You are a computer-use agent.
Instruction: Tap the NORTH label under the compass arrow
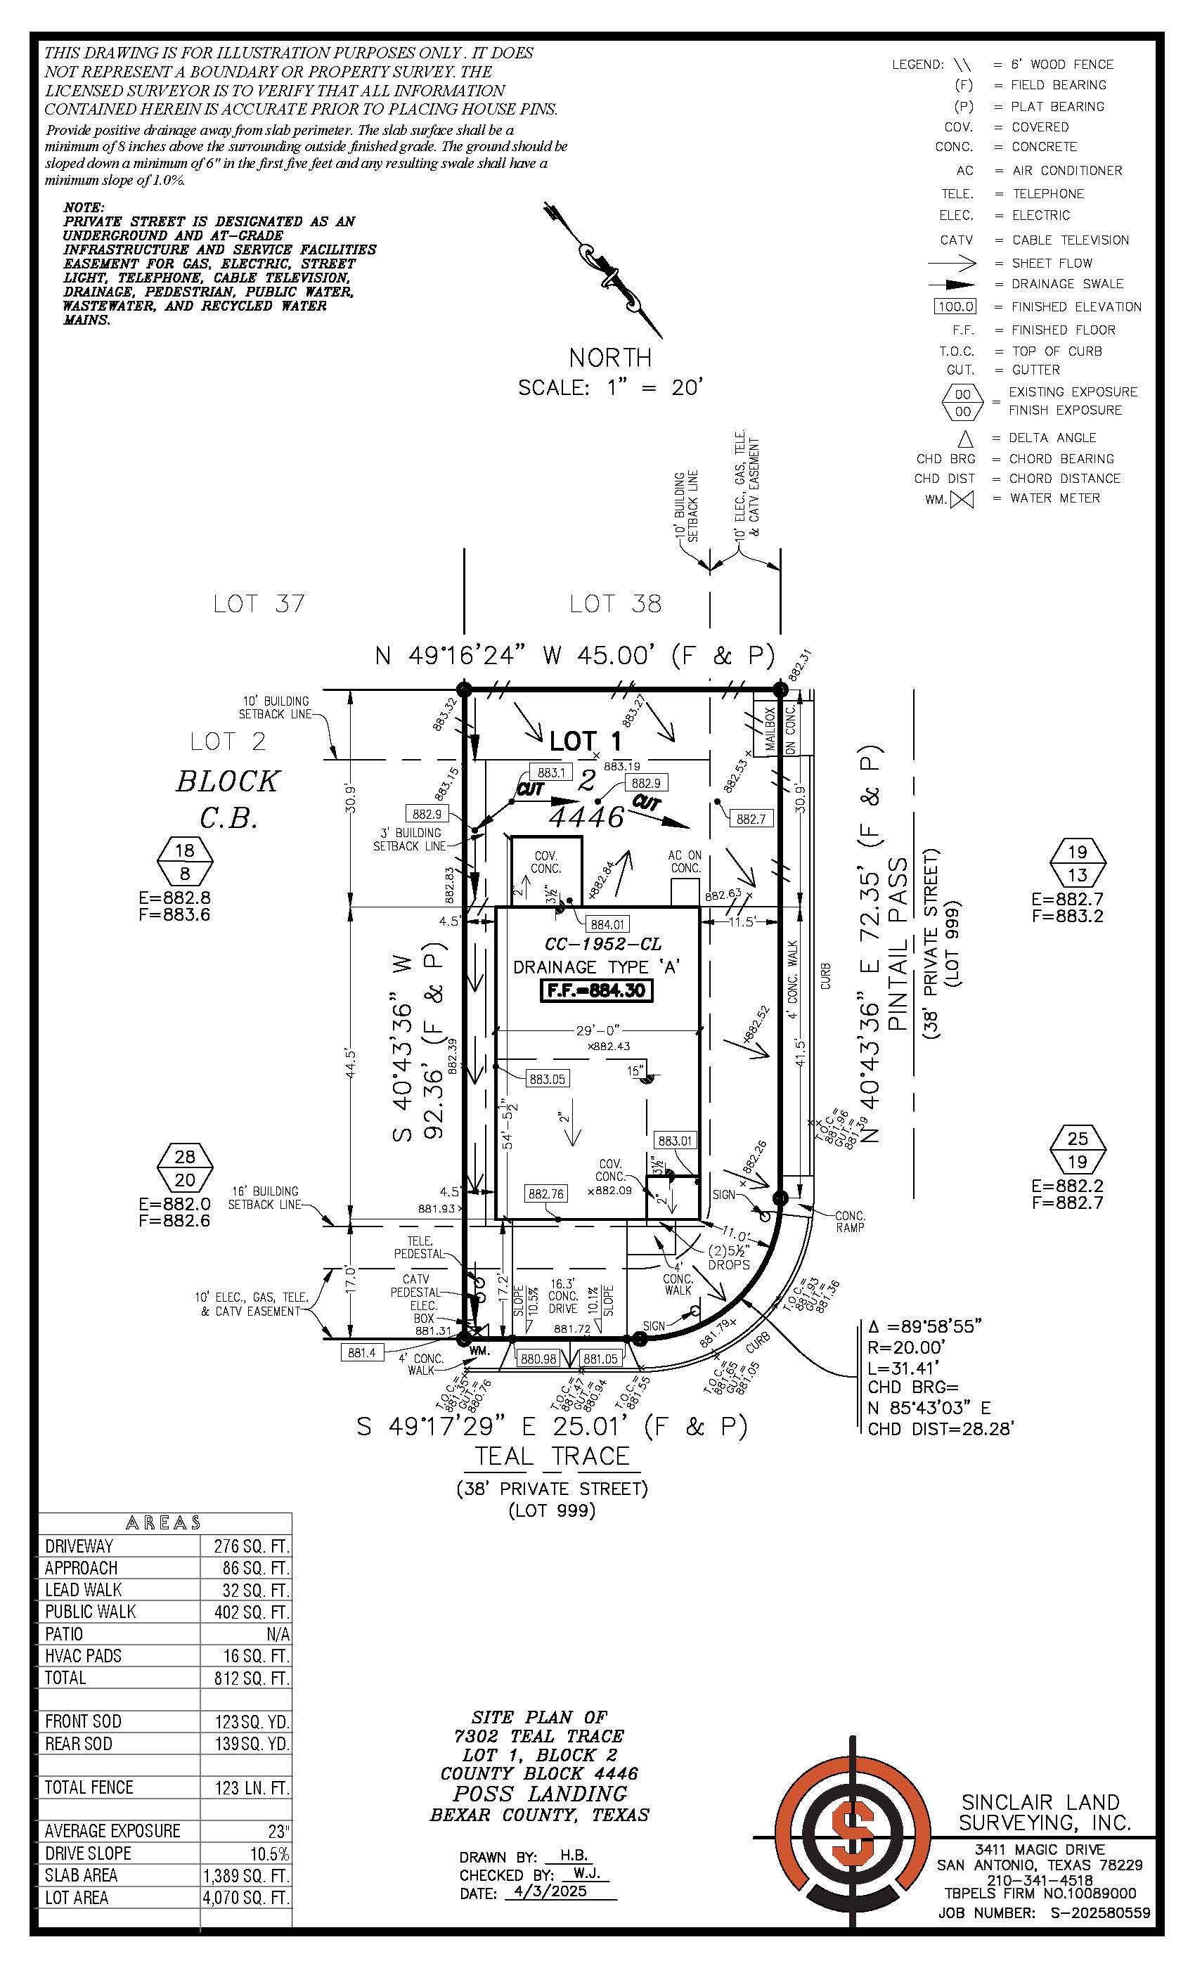[610, 357]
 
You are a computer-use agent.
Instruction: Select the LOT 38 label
[615, 604]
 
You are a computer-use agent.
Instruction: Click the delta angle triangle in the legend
[966, 439]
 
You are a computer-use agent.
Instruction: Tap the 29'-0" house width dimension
[597, 1030]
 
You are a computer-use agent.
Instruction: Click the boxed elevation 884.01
[608, 924]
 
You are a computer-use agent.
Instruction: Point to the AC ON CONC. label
[685, 862]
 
